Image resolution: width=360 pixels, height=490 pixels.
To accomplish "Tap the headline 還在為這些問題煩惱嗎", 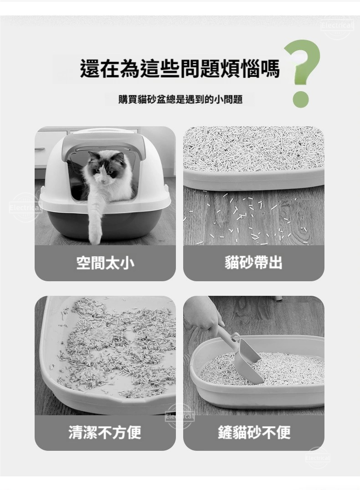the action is (180, 69).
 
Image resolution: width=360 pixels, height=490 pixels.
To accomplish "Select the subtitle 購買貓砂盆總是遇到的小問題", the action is (180, 100).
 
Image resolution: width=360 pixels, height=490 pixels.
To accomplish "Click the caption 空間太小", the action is (105, 263).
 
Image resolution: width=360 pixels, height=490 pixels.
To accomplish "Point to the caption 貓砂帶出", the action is (253, 263).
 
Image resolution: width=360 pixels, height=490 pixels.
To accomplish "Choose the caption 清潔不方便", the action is (105, 433).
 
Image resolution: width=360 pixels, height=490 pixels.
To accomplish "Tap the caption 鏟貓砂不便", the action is (254, 433).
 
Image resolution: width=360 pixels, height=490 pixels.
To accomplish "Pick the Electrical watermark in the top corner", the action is (337, 26).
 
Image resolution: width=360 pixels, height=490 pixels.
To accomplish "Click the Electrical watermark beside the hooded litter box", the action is (25, 207).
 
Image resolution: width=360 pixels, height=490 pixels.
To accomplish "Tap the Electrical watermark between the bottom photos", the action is (180, 416).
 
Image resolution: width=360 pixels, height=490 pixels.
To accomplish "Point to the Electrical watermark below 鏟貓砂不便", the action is (318, 458).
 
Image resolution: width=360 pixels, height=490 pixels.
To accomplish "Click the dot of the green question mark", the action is (301, 100).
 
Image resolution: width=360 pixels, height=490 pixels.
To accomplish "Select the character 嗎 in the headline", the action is (270, 69).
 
